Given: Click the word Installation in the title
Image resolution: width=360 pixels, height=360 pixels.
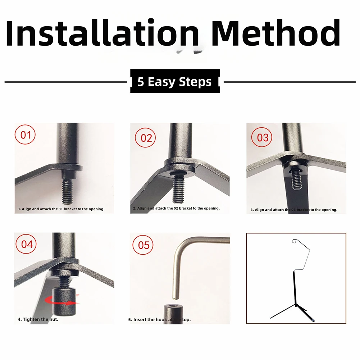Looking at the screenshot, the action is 102,33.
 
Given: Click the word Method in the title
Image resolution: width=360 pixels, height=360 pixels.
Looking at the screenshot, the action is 275,33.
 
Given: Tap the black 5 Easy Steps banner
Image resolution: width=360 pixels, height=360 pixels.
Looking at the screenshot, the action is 175,81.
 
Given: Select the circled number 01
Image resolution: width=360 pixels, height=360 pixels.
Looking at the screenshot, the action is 25,135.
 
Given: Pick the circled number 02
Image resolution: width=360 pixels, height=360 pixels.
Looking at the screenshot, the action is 145,137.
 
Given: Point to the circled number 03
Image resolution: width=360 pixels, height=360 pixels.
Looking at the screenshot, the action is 262,137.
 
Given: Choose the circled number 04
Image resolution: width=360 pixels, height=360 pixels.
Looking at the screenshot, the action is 26,243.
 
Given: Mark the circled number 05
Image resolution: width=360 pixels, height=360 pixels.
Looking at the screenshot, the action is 143,245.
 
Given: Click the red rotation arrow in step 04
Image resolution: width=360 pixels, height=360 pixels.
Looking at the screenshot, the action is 62,300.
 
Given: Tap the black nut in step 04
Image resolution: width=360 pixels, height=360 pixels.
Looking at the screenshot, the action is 64,302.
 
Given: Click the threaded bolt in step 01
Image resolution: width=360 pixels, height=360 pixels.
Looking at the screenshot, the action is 67,191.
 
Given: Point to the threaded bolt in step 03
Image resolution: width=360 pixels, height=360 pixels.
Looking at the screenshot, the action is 296,178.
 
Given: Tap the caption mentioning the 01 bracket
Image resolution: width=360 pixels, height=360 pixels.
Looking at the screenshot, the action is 61,209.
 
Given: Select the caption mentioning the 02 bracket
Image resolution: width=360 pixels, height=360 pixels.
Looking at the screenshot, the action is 176,208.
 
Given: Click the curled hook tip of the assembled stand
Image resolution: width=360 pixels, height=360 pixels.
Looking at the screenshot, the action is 295,241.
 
